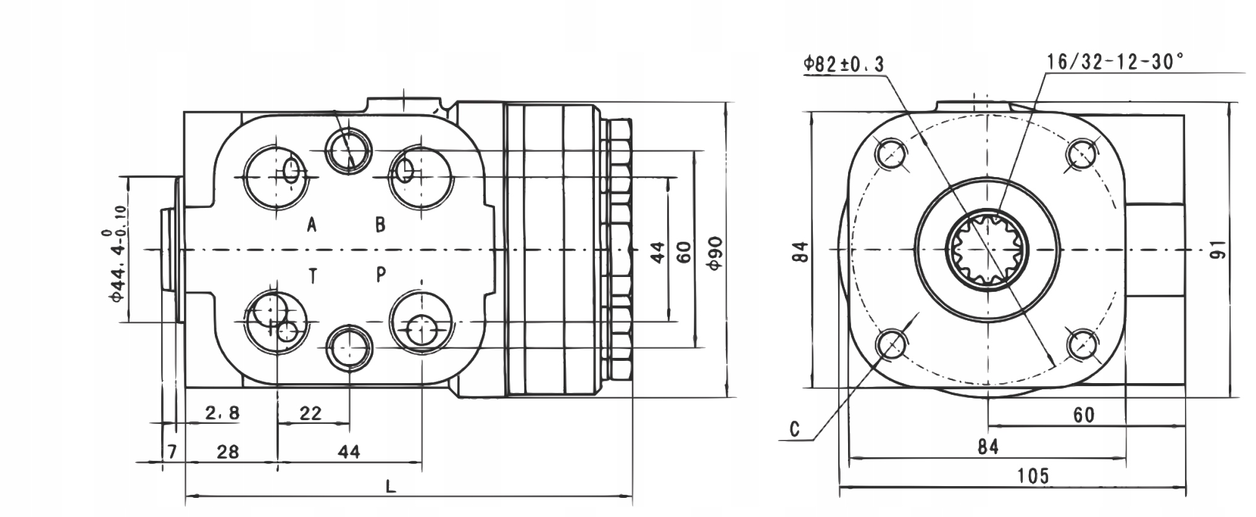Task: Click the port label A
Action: (x=312, y=225)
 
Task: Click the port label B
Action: (x=381, y=225)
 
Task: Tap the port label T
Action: (x=313, y=276)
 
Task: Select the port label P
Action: (x=381, y=274)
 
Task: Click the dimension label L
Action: (x=391, y=487)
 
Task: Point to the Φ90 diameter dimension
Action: (x=715, y=252)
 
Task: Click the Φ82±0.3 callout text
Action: (x=844, y=64)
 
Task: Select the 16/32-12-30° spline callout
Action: (x=1114, y=62)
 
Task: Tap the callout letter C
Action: (x=795, y=429)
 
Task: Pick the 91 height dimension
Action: (x=1216, y=250)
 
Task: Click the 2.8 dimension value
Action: (x=222, y=413)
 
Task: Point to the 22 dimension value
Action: (x=310, y=413)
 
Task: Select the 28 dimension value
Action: (x=228, y=452)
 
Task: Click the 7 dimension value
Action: (x=173, y=452)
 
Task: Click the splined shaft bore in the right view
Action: (x=988, y=249)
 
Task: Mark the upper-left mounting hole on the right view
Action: (x=891, y=152)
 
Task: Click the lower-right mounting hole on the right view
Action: (x=1084, y=345)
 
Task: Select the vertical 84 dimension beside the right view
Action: (x=801, y=251)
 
